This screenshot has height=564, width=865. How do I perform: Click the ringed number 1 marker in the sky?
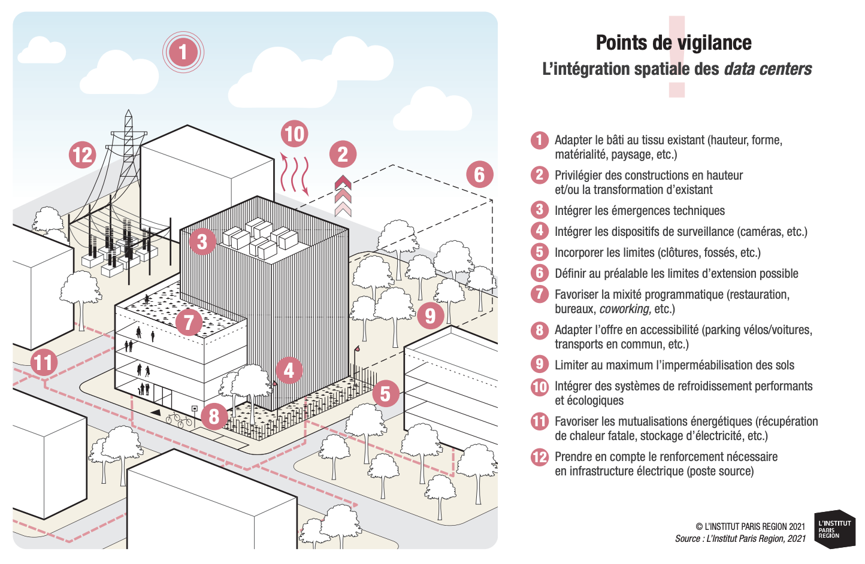point(183,52)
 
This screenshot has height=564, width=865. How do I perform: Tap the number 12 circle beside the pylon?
point(82,154)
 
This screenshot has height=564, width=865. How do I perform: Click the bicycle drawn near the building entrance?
point(179,419)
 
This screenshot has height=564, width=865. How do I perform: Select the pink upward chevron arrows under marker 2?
point(343,196)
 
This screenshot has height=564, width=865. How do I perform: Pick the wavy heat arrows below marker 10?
point(295,174)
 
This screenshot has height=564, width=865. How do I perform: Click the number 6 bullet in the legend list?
point(539,273)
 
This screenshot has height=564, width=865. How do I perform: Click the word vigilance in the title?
point(714,43)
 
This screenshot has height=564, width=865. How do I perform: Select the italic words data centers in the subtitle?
point(767,69)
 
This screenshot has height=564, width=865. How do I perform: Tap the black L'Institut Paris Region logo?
point(834,529)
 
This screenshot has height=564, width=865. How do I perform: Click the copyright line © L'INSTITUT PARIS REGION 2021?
point(750,527)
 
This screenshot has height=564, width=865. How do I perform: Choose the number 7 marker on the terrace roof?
point(189,322)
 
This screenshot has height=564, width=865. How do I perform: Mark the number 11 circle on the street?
point(43,363)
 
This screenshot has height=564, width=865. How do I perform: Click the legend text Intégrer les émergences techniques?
point(639,211)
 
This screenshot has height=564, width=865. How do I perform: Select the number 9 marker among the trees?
point(430,315)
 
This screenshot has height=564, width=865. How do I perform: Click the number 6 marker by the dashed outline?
point(479,174)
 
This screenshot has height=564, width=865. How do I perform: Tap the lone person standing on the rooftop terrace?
point(147,299)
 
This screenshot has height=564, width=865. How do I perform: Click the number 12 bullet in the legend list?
point(539,457)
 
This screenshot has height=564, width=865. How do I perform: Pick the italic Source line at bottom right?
point(740,539)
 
